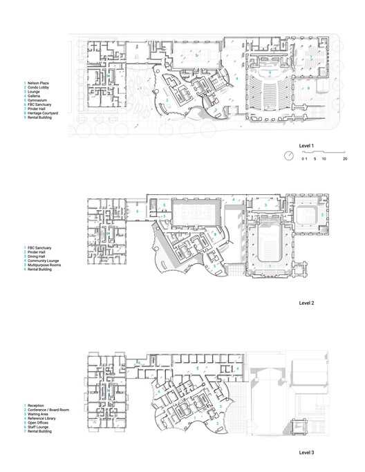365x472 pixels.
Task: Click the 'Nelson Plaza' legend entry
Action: pyautogui.click(x=38, y=83)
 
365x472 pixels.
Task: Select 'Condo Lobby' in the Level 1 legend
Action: pyautogui.click(x=38, y=87)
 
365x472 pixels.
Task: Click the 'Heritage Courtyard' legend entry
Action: pyautogui.click(x=43, y=113)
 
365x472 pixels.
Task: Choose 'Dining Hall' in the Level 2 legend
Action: pyautogui.click(x=37, y=256)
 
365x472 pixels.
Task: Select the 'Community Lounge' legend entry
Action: pyautogui.click(x=42, y=260)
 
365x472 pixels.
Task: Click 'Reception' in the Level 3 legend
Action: pyautogui.click(x=37, y=404)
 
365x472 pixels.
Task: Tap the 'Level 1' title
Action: pyautogui.click(x=306, y=146)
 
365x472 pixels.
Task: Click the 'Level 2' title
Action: pyautogui.click(x=306, y=303)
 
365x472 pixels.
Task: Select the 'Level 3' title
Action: pyautogui.click(x=306, y=452)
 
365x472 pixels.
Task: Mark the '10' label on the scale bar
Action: pyautogui.click(x=324, y=159)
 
